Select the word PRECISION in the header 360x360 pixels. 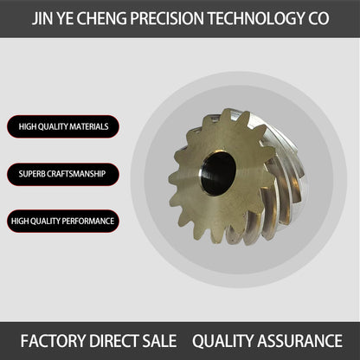click(167, 18)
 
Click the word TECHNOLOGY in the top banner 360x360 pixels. click(255, 18)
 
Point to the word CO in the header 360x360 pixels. click(318, 18)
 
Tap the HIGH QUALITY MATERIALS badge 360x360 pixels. click(63, 126)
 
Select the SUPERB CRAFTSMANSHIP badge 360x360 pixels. click(63, 174)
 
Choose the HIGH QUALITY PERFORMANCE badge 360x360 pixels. click(63, 222)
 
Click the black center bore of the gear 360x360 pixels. click(218, 174)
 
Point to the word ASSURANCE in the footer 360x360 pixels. click(299, 341)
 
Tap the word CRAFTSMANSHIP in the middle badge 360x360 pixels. click(76, 174)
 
